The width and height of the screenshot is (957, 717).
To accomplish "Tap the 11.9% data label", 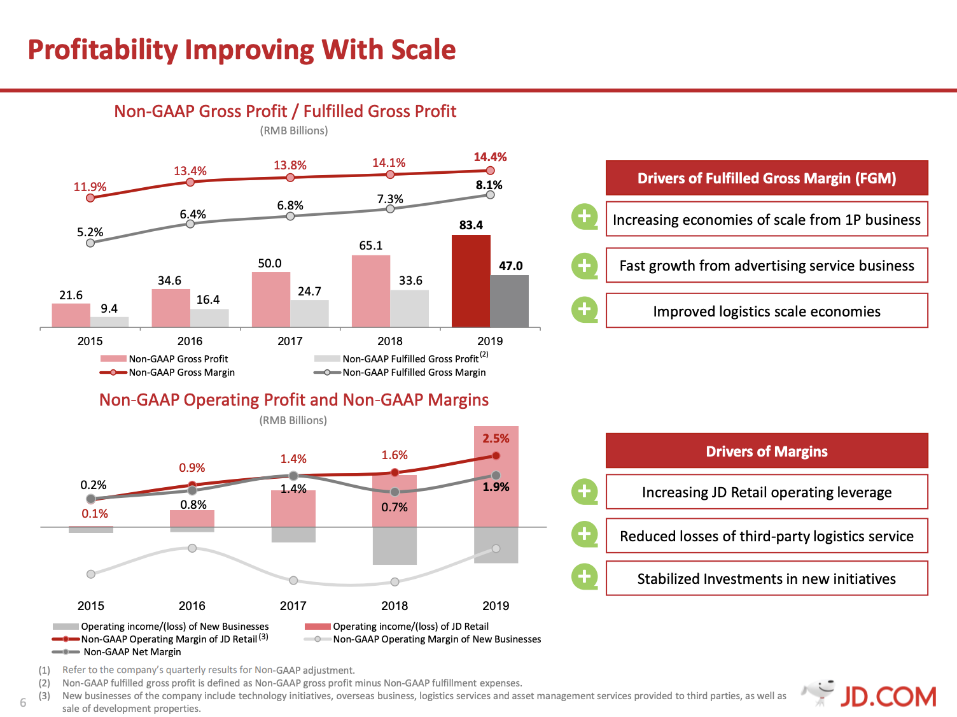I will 90,187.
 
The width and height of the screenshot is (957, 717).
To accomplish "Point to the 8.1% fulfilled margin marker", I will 490,195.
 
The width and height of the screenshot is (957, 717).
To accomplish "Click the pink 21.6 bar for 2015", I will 71,315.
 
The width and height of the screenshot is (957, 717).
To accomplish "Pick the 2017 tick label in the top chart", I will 290,341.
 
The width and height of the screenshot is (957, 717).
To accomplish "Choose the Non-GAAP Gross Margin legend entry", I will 168,373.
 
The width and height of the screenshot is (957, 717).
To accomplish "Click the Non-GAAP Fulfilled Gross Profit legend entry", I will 401,359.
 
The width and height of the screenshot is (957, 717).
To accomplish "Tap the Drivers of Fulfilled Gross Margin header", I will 767,178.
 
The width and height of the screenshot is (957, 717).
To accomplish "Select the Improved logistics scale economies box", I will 767,311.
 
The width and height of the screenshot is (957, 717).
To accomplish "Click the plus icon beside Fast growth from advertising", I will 585,266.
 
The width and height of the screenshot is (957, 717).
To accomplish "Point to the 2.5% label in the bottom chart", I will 496,438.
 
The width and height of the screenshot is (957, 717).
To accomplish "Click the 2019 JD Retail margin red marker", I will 496,456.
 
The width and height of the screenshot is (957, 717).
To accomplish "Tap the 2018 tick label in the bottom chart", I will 395,606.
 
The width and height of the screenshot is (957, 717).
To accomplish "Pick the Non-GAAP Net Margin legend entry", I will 118,652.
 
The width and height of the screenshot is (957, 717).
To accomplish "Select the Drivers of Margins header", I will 767,451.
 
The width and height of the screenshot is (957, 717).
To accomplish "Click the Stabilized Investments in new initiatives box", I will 767,578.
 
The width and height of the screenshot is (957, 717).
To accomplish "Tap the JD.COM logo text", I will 888,697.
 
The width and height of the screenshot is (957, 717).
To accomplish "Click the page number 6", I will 23,703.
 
